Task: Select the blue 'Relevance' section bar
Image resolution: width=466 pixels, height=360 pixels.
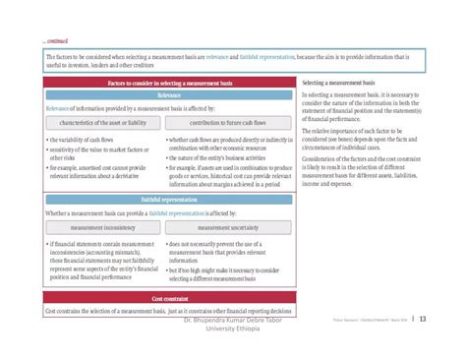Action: point(169,96)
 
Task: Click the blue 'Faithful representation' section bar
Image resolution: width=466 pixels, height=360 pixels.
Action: point(169,198)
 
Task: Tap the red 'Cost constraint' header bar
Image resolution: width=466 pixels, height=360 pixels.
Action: point(169,297)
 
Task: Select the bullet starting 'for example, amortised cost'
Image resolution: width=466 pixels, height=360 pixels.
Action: point(99,171)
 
